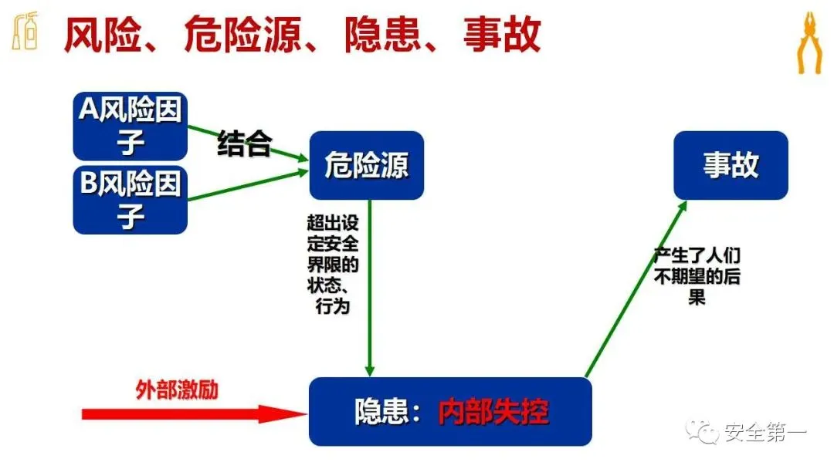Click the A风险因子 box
pos(131,126)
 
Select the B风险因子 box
pos(131,199)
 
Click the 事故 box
pos(731,165)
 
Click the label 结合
pos(244,143)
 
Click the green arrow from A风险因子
pos(247,143)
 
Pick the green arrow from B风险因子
pos(247,185)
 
